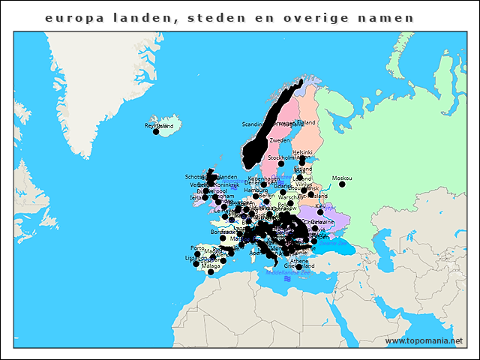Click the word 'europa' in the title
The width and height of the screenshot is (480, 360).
[x=70, y=17]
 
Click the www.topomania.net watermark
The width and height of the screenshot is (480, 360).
[x=423, y=340]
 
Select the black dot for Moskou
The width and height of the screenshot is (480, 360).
[x=342, y=184]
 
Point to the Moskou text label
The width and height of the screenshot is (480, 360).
[x=341, y=178]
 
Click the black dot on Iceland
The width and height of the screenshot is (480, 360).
[x=156, y=132]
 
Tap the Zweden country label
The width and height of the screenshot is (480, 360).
[x=279, y=140]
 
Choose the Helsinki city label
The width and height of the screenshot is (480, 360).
[x=302, y=151]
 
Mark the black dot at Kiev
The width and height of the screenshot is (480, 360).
[x=320, y=211]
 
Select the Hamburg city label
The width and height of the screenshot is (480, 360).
[x=256, y=190]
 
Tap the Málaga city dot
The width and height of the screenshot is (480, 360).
[x=211, y=272]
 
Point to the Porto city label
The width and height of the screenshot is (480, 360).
[x=197, y=247]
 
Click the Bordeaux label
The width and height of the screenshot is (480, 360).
[x=223, y=232]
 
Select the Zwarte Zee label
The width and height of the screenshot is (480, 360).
[x=334, y=242]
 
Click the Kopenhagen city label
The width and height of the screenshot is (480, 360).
[x=263, y=179]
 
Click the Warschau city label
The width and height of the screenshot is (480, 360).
[x=288, y=197]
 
